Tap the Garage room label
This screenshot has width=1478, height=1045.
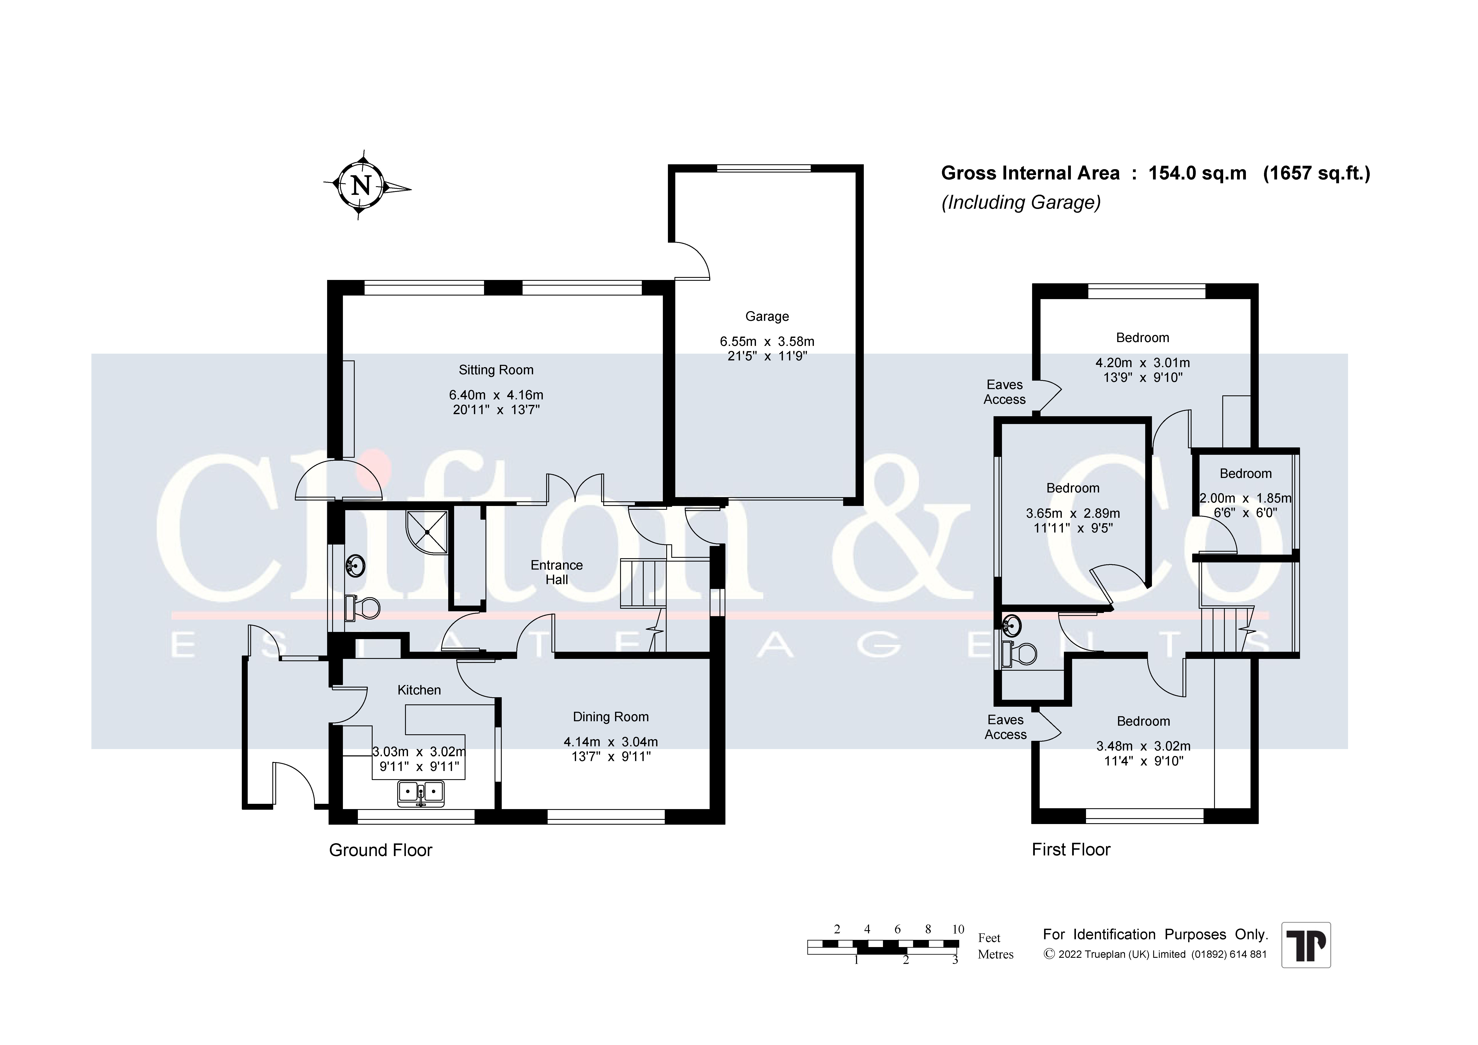(767, 316)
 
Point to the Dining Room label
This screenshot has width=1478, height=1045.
(611, 717)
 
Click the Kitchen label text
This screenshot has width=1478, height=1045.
(419, 690)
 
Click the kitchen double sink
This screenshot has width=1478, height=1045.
(421, 793)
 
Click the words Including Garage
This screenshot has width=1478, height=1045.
(1021, 202)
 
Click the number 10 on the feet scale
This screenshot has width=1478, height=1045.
(958, 929)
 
